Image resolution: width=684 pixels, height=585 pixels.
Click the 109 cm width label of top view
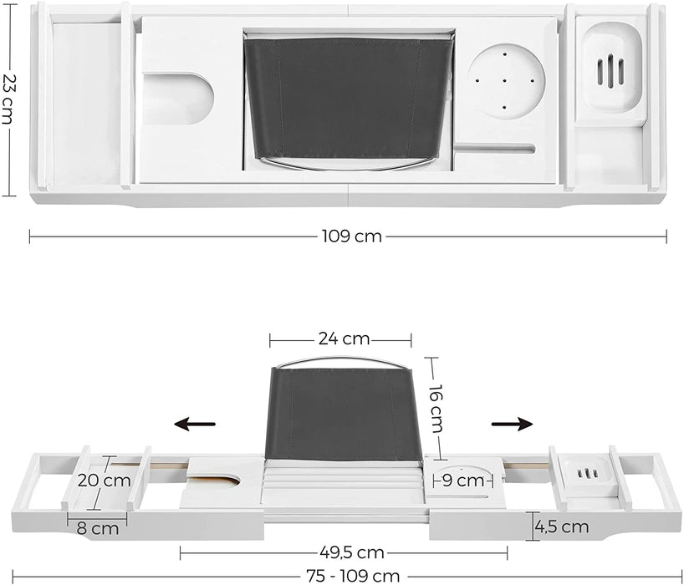tap(350, 237)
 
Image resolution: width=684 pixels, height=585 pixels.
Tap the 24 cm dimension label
tap(343, 339)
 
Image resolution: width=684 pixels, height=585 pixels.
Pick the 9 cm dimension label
tap(464, 481)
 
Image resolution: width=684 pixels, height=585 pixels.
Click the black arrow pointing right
tap(512, 425)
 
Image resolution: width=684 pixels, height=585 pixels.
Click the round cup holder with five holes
tap(506, 82)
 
